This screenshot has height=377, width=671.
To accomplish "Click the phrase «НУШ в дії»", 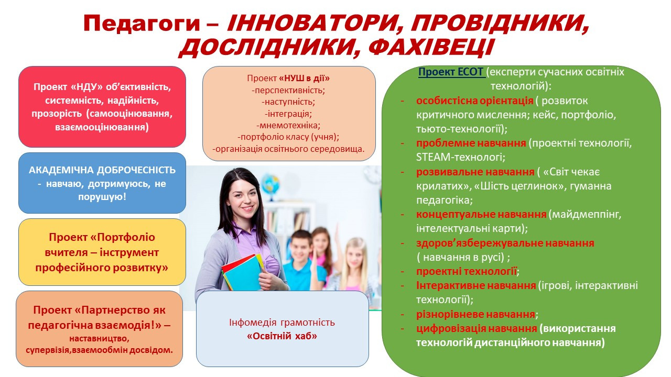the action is tap(305, 79).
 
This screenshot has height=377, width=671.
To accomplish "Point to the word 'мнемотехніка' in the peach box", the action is tap(288, 125).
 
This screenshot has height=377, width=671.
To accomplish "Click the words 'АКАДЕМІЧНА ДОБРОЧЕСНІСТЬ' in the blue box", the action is tap(102, 170).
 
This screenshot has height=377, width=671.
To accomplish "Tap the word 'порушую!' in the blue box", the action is tap(102, 197).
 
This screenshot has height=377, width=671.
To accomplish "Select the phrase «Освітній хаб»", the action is tap(282, 336).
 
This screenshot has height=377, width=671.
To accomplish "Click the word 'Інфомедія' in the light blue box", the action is tap(253, 323).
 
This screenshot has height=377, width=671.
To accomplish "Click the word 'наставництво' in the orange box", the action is tap(99, 339).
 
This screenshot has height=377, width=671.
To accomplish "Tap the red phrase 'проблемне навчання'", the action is tap(471, 143).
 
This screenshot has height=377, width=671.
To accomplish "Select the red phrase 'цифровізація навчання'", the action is tap(477, 328).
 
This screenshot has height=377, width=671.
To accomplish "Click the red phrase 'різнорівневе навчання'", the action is tap(475, 315).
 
